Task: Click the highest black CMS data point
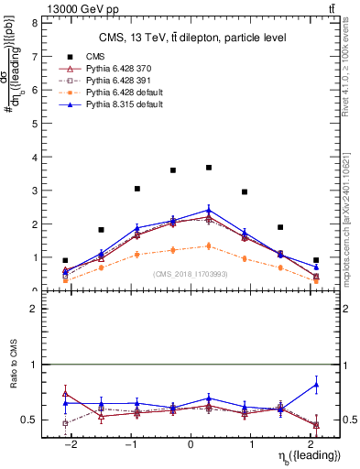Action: (209, 168)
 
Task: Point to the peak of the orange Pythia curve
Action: (209, 245)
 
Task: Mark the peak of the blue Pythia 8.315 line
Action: (209, 210)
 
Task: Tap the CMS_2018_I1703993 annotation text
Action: (191, 274)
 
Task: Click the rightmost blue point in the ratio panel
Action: (316, 385)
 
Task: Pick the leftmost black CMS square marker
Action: (65, 260)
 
